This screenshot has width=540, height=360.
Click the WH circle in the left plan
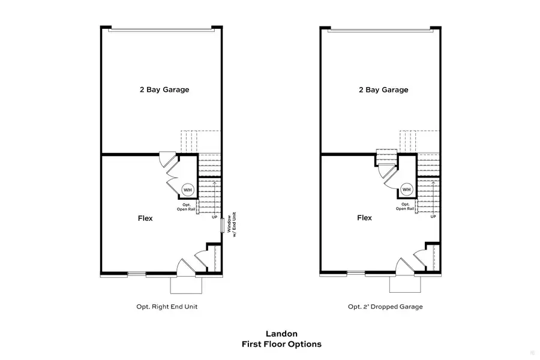click(188, 190)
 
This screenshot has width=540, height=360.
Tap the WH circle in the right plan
click(407, 190)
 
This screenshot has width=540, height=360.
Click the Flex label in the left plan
click(145, 218)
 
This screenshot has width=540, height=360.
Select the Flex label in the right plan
click(364, 218)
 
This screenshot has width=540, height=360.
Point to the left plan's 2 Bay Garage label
click(164, 89)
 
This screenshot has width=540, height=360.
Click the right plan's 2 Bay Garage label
click(383, 89)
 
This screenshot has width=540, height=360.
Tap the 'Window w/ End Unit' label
click(232, 224)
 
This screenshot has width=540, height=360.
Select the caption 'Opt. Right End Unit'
click(167, 307)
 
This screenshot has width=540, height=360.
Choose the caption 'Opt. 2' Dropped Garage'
click(385, 307)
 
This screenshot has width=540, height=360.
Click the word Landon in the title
click(282, 334)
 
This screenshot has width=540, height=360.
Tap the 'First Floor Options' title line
click(282, 344)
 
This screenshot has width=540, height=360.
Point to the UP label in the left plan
click(215, 217)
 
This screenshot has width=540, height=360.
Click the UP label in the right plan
click(433, 217)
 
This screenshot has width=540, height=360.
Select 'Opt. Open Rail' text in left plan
click(187, 207)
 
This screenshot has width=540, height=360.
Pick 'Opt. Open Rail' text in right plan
click(405, 206)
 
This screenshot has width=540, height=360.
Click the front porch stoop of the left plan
click(186, 285)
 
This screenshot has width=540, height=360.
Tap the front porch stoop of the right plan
click(405, 284)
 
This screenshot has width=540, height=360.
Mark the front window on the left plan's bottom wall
click(137, 274)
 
